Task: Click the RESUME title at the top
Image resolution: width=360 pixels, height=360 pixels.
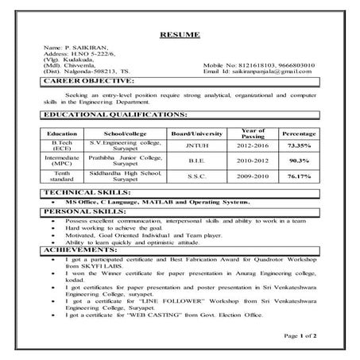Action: click(x=180, y=35)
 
